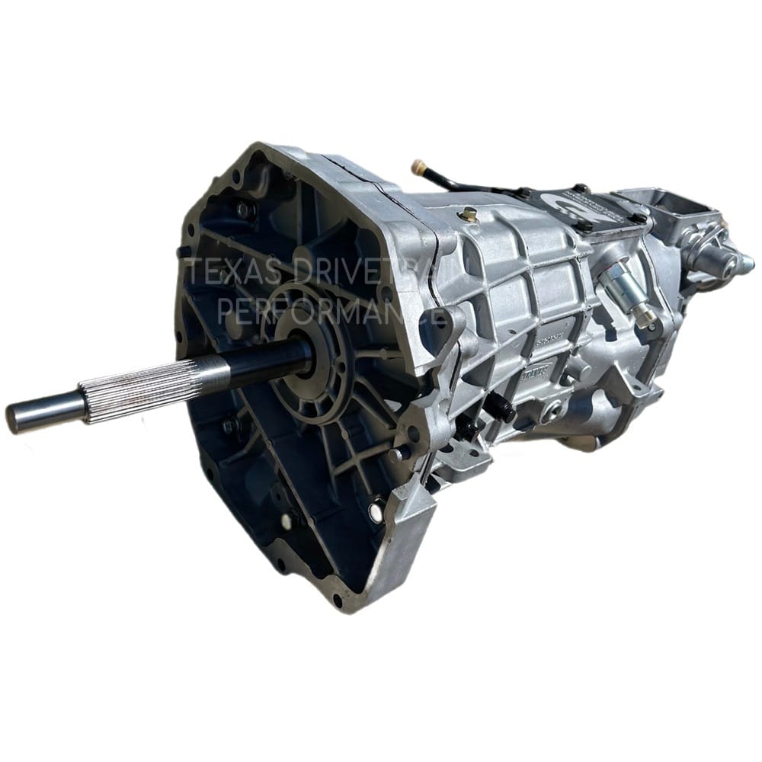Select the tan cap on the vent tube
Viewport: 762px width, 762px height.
tap(418, 165)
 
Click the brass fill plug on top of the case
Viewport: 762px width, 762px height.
tap(469, 216)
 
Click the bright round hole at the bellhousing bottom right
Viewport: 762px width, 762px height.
tap(375, 511)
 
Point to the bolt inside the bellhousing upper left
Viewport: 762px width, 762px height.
tap(243, 210)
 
